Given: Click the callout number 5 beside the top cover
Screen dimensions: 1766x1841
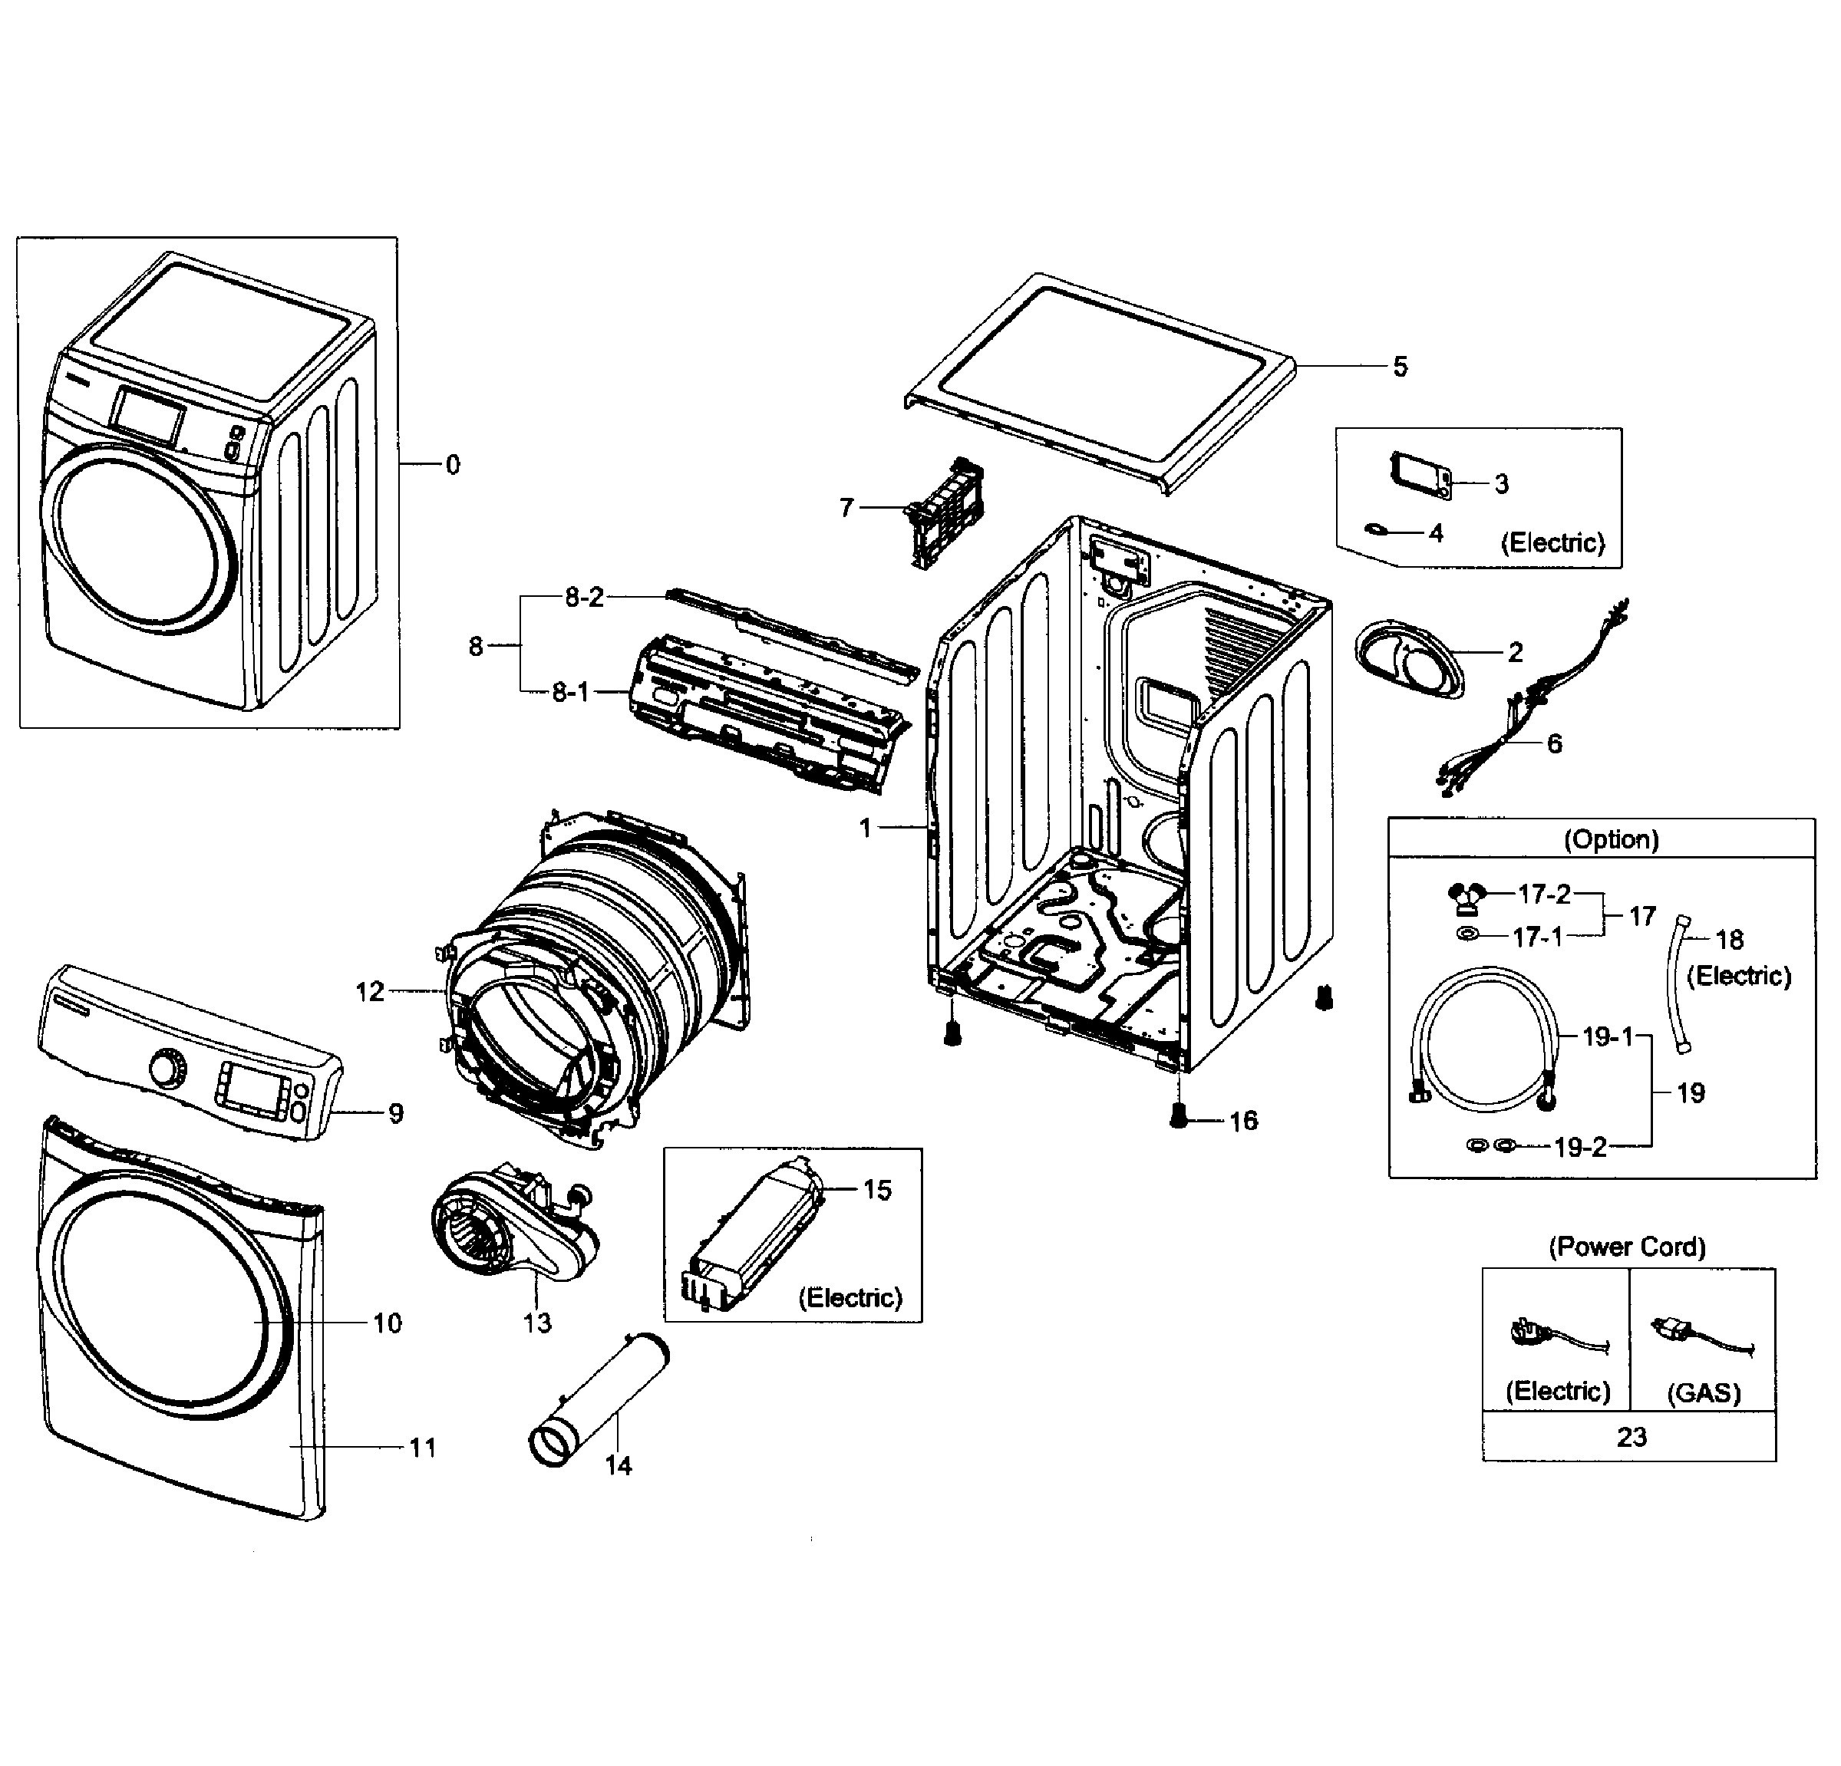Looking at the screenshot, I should pyautogui.click(x=1400, y=367).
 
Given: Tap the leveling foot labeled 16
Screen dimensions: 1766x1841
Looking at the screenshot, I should pyautogui.click(x=1179, y=1116).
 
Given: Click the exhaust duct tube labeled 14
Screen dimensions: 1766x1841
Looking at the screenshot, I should pyautogui.click(x=601, y=1399).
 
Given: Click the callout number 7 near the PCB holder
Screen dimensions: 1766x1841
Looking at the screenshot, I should pyautogui.click(x=846, y=508).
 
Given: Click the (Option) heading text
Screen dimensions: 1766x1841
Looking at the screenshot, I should pyautogui.click(x=1611, y=839).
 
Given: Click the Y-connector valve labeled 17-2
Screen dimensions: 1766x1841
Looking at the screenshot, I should pyautogui.click(x=1467, y=898).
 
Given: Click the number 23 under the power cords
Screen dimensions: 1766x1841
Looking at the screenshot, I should pyautogui.click(x=1631, y=1436).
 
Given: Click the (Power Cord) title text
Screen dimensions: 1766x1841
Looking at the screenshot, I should pyautogui.click(x=1627, y=1247).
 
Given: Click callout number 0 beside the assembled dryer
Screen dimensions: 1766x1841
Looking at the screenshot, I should pyautogui.click(x=453, y=465).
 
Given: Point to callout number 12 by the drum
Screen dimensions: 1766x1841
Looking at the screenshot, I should pyautogui.click(x=370, y=991).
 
